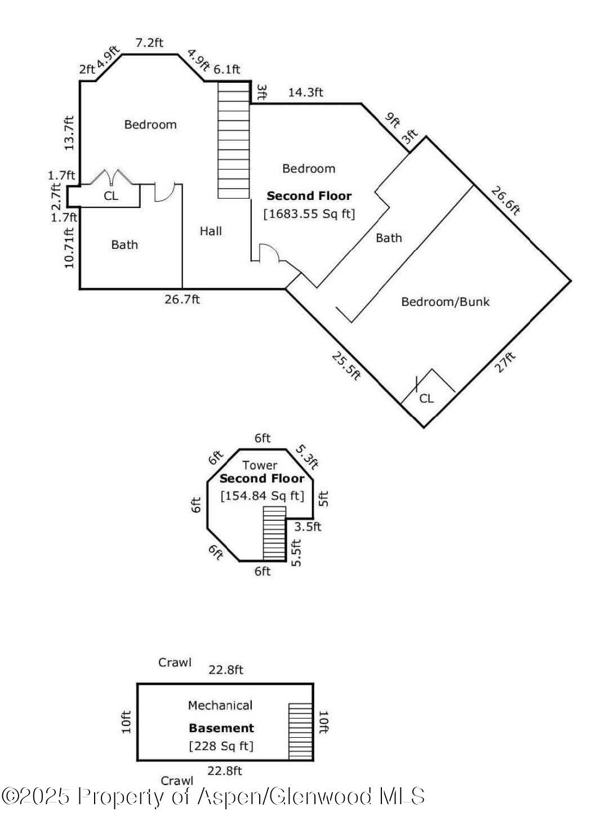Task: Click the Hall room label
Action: pyautogui.click(x=211, y=231)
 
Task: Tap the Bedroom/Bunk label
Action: pyautogui.click(x=445, y=302)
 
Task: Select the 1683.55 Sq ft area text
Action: pyautogui.click(x=309, y=214)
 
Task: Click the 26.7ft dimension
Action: pyautogui.click(x=182, y=300)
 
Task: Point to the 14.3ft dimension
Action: pyautogui.click(x=305, y=92)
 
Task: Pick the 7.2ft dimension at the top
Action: pyautogui.click(x=149, y=43)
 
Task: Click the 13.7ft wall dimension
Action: pyautogui.click(x=69, y=133)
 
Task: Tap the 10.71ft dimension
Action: pyautogui.click(x=69, y=247)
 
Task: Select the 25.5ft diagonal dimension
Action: pyautogui.click(x=345, y=365)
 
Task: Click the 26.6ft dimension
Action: pyautogui.click(x=505, y=201)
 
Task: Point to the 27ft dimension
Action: pyautogui.click(x=505, y=362)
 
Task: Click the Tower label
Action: pyautogui.click(x=260, y=465)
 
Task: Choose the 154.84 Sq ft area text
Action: pyautogui.click(x=262, y=496)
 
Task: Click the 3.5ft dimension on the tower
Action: pyautogui.click(x=308, y=527)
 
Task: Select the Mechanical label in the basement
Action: pyautogui.click(x=220, y=706)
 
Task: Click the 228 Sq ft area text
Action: pyautogui.click(x=221, y=746)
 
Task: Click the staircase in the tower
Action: pyautogui.click(x=274, y=533)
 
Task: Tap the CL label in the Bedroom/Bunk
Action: pyautogui.click(x=426, y=399)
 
